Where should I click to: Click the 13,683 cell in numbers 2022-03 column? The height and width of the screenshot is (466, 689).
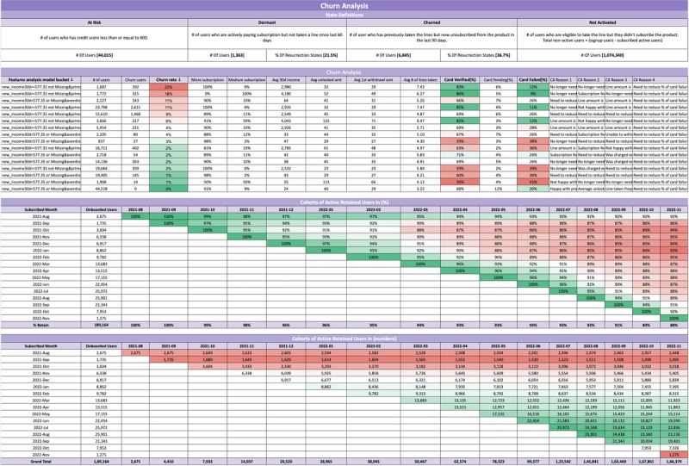click(419, 400)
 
